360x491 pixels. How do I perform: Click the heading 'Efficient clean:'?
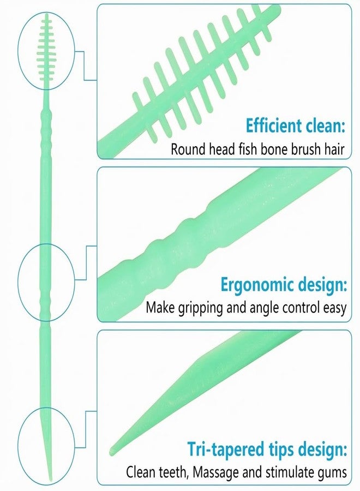pyautogui.click(x=295, y=126)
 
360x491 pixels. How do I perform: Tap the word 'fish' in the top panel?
pyautogui.click(x=247, y=149)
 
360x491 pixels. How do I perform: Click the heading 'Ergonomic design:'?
pyautogui.click(x=284, y=285)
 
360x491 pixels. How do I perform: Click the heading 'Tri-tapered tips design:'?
pyautogui.click(x=267, y=449)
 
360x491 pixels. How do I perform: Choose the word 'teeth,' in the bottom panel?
pyautogui.click(x=172, y=472)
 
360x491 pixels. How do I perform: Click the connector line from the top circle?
pyautogui.click(x=84, y=66)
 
